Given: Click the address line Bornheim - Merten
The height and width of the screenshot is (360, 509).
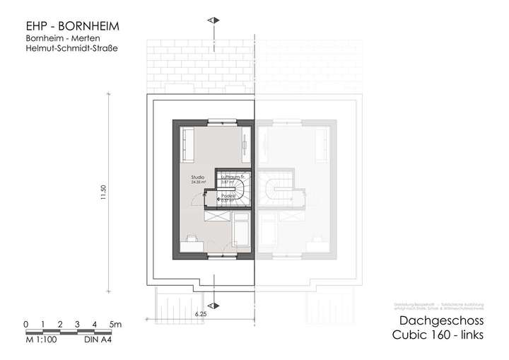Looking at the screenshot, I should tap(54, 40).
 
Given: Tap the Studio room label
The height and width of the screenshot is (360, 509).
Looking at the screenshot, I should tap(197, 178).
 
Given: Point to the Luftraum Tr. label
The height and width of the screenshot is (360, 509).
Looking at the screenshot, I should tap(231, 178).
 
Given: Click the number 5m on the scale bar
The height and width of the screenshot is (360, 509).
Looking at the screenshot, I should tap(116, 325).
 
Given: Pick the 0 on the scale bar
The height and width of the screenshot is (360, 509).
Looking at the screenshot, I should tap(25, 325).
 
